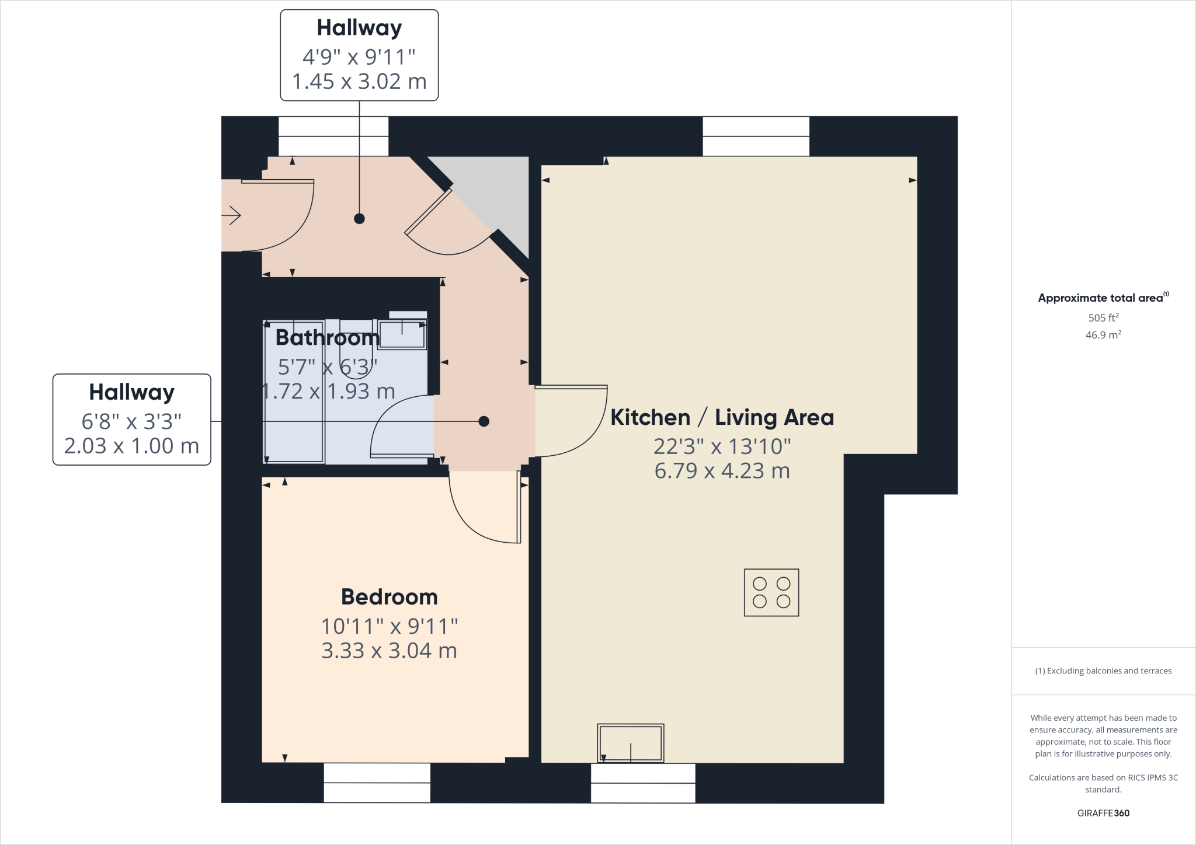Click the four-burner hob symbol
coord(771,592)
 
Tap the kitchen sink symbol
coord(631,743)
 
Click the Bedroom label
coord(389,597)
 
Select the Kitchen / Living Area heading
coord(722,417)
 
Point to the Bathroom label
coord(327,337)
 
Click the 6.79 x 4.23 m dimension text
coord(722,470)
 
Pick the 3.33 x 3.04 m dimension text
coord(389,650)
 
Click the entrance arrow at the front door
coord(232,215)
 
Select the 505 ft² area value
coord(1103,317)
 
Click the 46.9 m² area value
coord(1103,335)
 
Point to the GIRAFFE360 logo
coord(1103,813)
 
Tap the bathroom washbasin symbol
coord(402,334)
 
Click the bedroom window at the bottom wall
coord(377,783)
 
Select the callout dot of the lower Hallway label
coord(484,421)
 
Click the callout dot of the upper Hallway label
coord(359,219)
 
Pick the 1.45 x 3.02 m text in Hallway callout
coord(359,81)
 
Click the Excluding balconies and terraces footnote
coord(1103,671)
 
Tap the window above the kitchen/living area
coord(756,136)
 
